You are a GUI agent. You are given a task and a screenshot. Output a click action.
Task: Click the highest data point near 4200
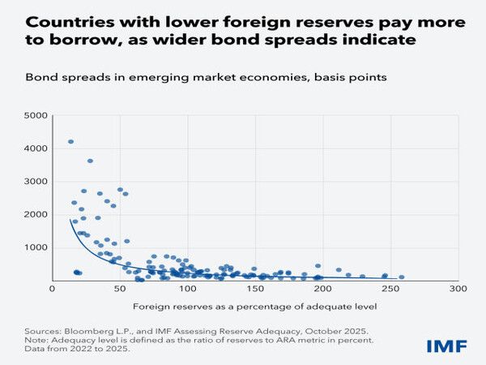70,141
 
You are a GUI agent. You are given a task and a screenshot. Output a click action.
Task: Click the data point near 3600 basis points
90,161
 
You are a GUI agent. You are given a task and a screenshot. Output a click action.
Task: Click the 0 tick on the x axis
53,288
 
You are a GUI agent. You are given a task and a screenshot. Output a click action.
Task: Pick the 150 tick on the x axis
256,288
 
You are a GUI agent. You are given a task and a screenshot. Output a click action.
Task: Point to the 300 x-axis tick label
458,288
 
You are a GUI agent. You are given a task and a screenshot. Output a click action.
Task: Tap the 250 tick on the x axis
390,288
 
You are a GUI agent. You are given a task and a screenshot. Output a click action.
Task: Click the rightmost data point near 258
402,277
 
